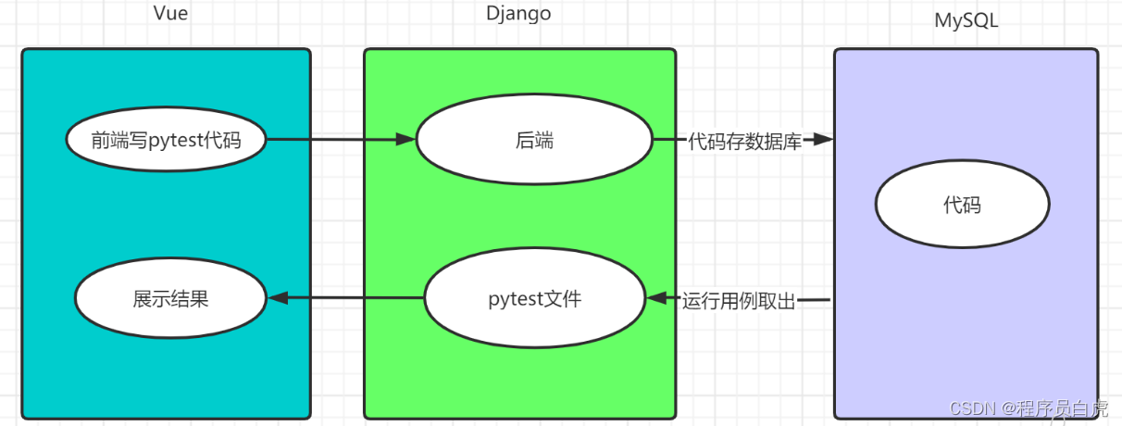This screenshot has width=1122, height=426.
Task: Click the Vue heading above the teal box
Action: (169, 13)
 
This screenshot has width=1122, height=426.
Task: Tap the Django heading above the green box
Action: (518, 13)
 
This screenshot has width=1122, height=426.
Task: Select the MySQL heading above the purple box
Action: (966, 20)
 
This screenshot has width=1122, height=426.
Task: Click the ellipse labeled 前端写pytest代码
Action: (166, 141)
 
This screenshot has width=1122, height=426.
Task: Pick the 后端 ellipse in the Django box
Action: (534, 141)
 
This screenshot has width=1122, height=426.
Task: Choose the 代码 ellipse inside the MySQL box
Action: (962, 205)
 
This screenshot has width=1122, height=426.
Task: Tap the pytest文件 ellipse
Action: (534, 299)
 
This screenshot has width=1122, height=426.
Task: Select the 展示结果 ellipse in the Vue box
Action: (170, 299)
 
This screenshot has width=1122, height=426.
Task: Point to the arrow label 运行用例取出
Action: (739, 300)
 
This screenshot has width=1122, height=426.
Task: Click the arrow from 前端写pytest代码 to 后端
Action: (333, 141)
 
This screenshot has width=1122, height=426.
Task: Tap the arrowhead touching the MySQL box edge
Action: (823, 141)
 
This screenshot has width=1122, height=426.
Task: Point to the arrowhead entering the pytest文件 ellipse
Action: (657, 299)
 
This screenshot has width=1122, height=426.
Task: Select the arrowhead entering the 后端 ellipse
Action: (405, 141)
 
